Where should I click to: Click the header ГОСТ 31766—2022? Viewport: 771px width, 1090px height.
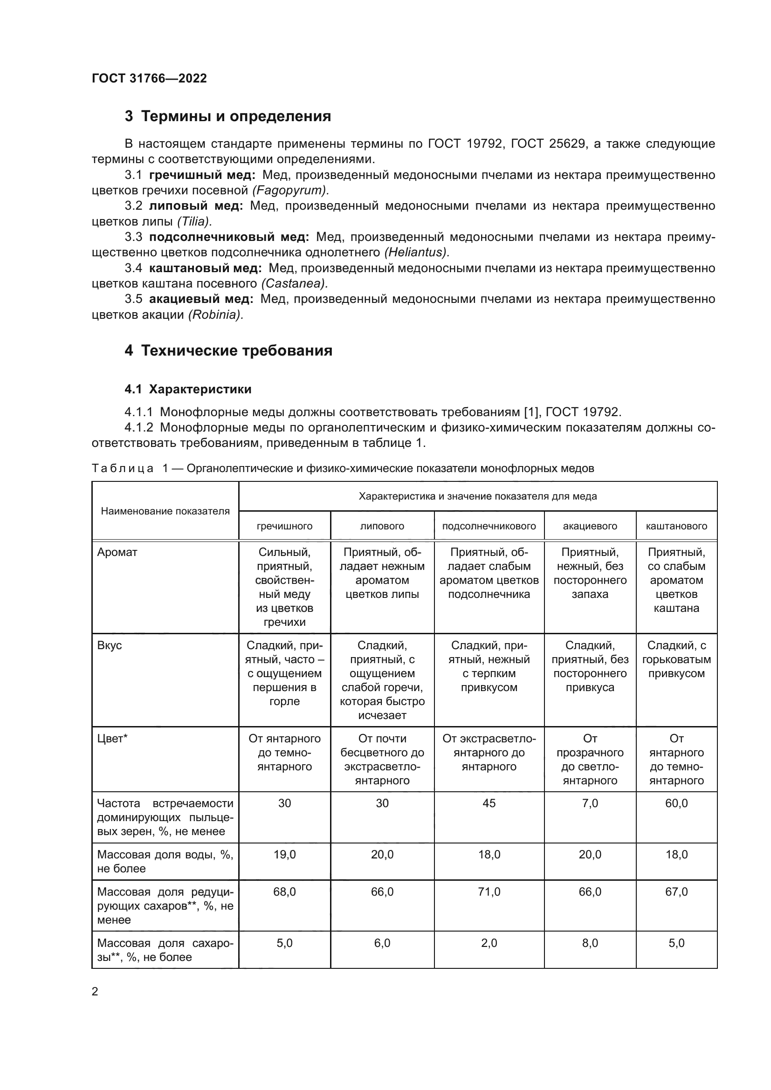tap(149, 78)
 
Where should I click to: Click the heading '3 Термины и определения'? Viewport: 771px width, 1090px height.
tap(227, 117)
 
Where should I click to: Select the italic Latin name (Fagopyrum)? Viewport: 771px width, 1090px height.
tap(290, 191)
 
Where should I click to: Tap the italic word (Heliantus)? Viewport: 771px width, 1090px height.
tap(417, 252)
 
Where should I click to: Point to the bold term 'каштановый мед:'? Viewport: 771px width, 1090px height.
tap(205, 268)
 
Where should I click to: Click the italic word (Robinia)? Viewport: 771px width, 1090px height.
tap(215, 314)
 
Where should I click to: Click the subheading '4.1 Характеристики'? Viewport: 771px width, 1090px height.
tap(187, 389)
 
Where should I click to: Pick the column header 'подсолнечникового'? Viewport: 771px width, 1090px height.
tap(489, 526)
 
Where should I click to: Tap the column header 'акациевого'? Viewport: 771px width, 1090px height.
tap(590, 526)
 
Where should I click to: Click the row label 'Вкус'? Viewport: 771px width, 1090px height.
tap(109, 645)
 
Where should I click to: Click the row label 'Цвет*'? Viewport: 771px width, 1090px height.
tap(112, 739)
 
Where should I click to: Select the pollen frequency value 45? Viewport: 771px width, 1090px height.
tap(489, 803)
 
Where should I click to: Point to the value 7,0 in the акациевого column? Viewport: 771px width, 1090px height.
tap(590, 803)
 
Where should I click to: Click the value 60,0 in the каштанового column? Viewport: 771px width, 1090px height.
tap(676, 803)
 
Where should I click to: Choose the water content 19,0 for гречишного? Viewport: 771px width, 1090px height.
tap(284, 855)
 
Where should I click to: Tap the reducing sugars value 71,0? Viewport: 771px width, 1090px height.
tap(489, 891)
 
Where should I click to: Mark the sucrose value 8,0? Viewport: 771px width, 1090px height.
tap(590, 943)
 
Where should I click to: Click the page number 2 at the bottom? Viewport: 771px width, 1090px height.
tap(95, 992)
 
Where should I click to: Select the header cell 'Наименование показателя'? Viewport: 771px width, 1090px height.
tap(165, 511)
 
